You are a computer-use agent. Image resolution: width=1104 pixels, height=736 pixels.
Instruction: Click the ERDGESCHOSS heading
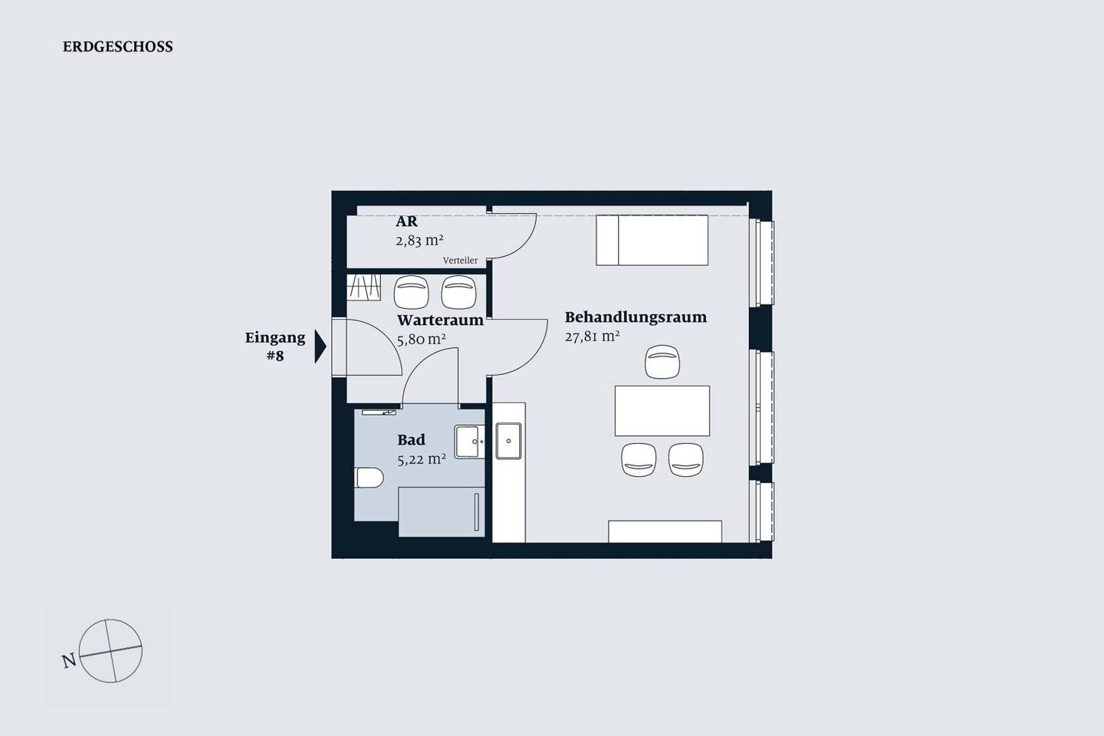coord(118,47)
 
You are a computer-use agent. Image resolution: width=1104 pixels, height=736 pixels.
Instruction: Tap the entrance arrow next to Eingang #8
coord(320,347)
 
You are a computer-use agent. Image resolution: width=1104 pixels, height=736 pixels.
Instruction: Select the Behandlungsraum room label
coord(636,317)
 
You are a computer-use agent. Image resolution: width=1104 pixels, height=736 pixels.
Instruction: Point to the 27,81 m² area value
coord(592,337)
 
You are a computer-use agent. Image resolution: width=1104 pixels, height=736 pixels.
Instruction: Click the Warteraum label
coord(440,320)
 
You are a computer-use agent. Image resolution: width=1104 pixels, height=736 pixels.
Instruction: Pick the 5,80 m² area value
coord(422,340)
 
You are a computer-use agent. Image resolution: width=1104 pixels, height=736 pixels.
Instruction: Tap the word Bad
coord(411,440)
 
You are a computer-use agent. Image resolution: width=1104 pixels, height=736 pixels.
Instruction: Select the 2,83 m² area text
coord(419,241)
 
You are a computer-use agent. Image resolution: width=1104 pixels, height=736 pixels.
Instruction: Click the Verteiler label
coord(460,261)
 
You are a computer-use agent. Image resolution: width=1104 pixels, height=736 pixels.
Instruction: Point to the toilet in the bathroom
coord(369,478)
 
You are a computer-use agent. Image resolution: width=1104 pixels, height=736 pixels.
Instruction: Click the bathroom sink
coord(469,442)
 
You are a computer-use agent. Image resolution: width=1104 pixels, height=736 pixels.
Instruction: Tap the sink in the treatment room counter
coord(508,441)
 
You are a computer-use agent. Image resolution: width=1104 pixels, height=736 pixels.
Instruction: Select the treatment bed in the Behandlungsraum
coord(652,240)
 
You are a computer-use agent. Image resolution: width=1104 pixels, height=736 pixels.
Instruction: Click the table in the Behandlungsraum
coord(662,411)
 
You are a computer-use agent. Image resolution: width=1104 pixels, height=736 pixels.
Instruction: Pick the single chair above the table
coord(662,362)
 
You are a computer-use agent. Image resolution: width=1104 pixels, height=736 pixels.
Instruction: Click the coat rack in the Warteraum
coord(363,287)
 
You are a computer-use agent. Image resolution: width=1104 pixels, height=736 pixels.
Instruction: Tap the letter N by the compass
coord(70,661)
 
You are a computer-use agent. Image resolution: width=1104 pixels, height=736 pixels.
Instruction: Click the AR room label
coord(406,222)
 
